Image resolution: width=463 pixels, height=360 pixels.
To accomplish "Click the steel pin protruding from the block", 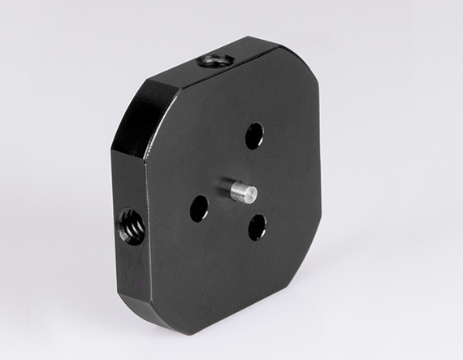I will [240, 192].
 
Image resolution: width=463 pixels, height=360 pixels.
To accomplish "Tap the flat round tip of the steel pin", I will [251, 194].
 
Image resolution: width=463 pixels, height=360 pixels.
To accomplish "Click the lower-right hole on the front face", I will [257, 227].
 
